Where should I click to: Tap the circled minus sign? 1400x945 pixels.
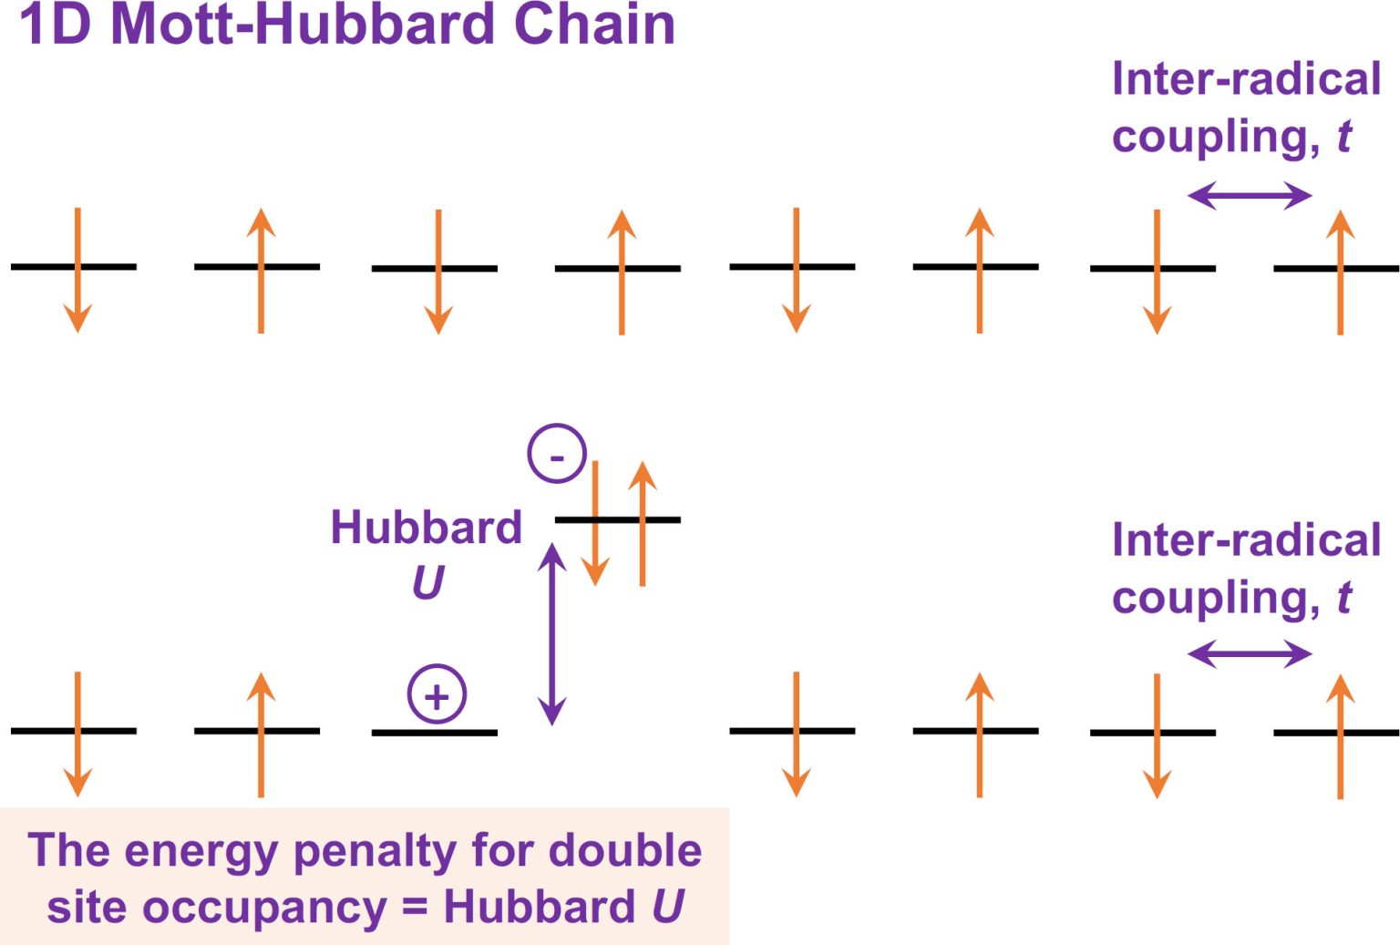[556, 453]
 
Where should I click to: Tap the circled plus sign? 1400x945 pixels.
[437, 694]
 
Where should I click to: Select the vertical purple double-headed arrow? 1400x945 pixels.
[551, 633]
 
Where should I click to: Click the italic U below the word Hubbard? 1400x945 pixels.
[427, 582]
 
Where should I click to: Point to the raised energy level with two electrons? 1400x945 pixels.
[618, 519]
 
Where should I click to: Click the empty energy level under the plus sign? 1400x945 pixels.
[434, 732]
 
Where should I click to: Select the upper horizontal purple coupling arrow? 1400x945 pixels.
[1250, 194]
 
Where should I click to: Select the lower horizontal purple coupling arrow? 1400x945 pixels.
[1250, 652]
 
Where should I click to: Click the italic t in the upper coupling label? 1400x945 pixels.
[1343, 137]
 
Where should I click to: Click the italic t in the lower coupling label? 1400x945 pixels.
[1343, 598]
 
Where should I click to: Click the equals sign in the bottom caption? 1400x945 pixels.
[415, 908]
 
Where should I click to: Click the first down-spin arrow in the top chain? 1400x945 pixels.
[77, 270]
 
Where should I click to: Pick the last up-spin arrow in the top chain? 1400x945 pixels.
[1340, 272]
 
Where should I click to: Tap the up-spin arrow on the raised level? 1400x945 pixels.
[643, 523]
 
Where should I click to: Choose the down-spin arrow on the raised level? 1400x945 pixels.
[595, 523]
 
